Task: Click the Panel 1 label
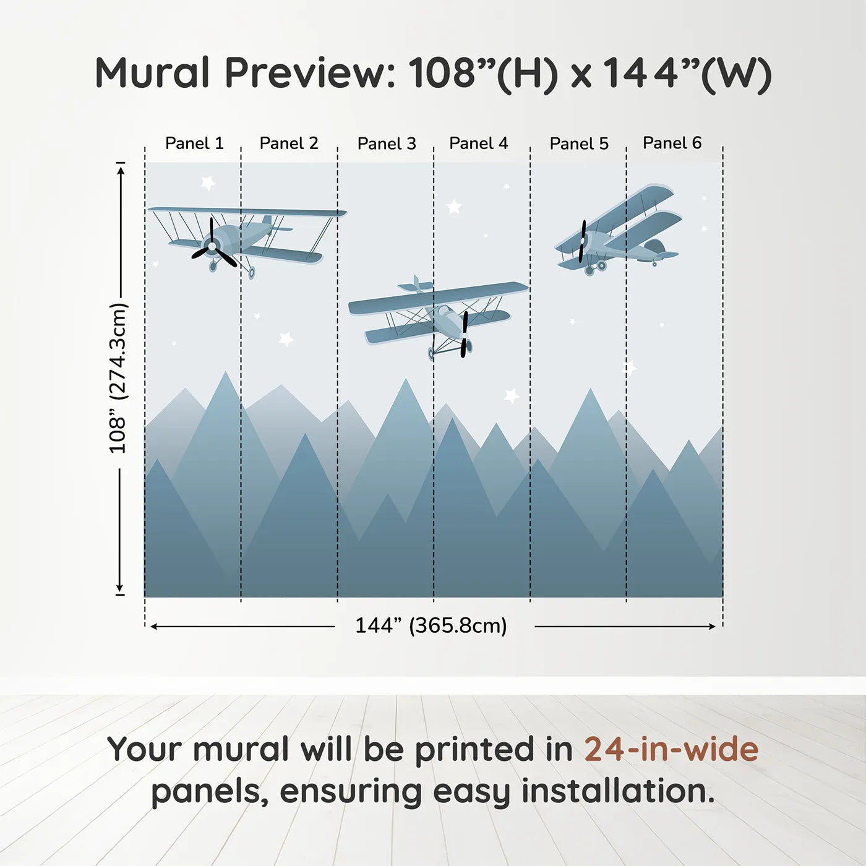click(x=194, y=144)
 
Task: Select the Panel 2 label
click(x=289, y=144)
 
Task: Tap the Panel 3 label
click(x=387, y=144)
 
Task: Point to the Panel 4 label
click(x=478, y=144)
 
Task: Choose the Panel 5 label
click(x=579, y=144)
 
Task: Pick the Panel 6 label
click(x=672, y=144)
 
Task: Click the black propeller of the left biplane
click(x=213, y=246)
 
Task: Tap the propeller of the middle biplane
click(x=464, y=334)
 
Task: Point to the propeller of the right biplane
click(x=582, y=241)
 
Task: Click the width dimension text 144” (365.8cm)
click(x=431, y=626)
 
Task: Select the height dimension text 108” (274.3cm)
click(x=118, y=378)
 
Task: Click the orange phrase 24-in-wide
click(x=671, y=750)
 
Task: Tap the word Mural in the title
click(x=152, y=73)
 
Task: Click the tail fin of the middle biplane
click(x=416, y=285)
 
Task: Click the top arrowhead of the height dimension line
click(x=121, y=168)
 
